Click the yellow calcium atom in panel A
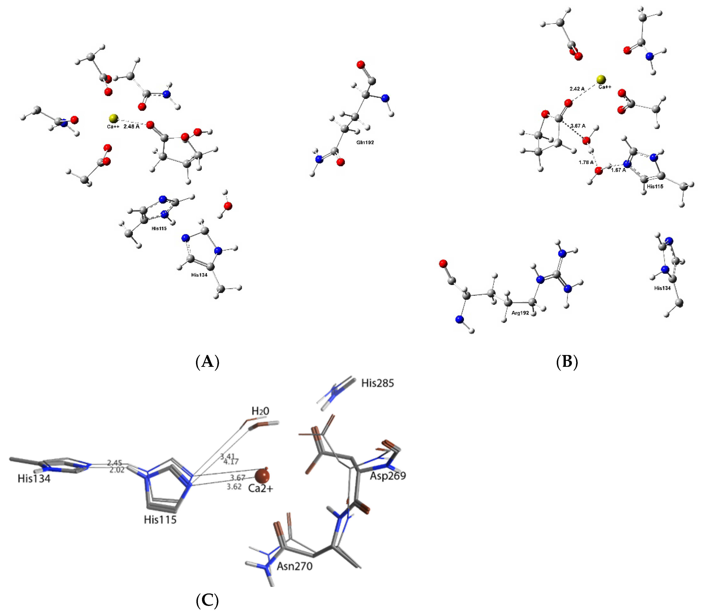pos(113,119)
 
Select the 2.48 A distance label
pos(131,126)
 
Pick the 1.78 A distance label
pos(586,162)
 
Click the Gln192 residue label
pos(365,142)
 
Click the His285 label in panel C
pos(378,383)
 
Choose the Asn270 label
pos(294,566)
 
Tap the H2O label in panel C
pos(260,411)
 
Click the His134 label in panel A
pos(199,275)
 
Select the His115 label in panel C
pos(160,520)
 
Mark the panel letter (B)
pos(567,361)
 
